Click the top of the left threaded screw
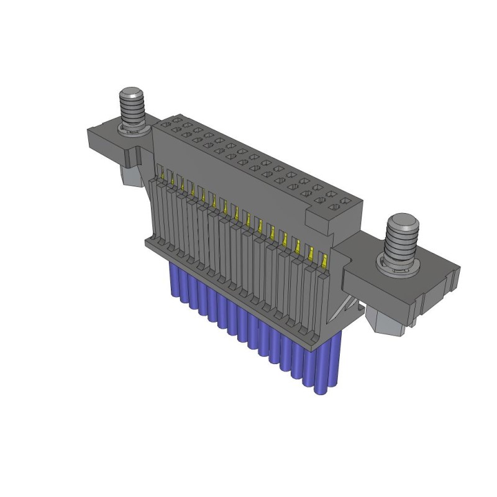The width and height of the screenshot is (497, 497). (130, 94)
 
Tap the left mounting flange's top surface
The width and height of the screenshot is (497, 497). (106, 134)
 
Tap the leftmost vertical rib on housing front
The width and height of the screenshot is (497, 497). (156, 205)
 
